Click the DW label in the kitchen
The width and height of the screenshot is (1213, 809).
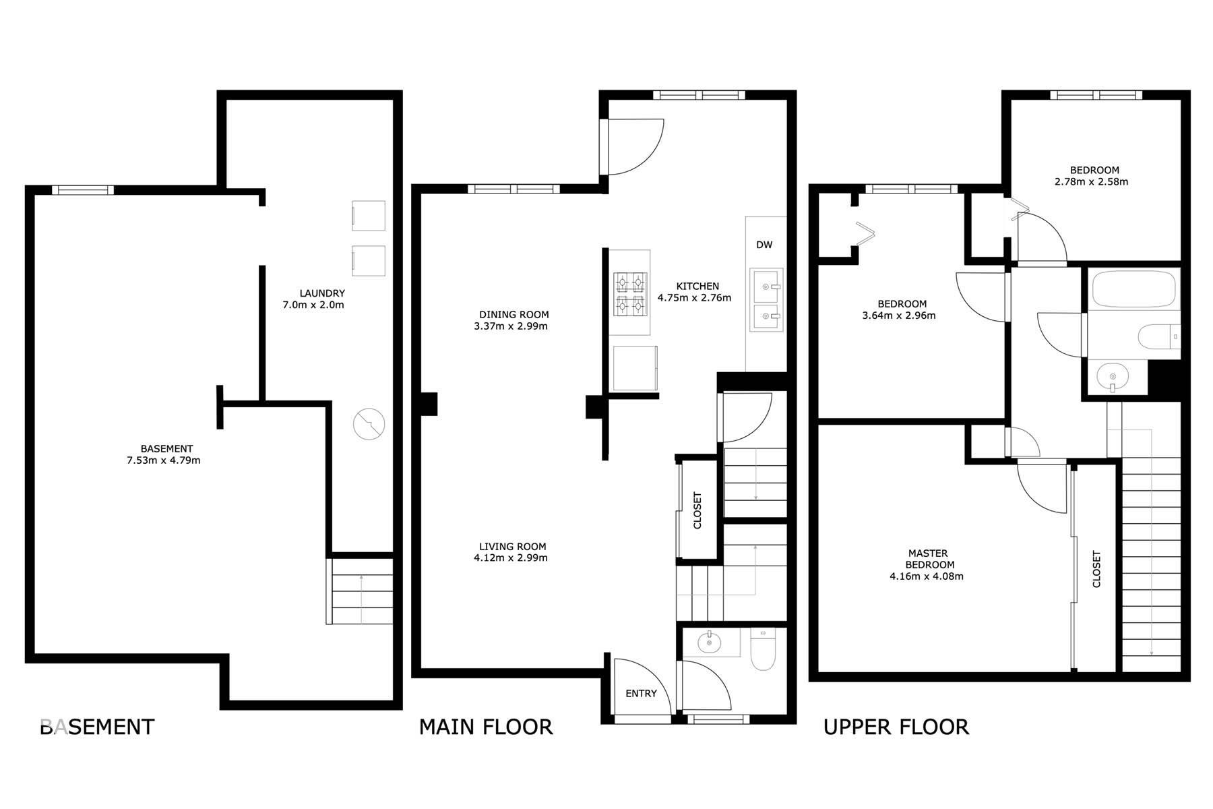(764, 245)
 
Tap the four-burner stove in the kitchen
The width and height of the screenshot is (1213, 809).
(630, 295)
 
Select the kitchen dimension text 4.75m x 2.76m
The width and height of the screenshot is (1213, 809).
(694, 298)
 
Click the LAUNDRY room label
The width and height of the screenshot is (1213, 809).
(322, 293)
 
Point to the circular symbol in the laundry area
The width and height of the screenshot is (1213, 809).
(369, 424)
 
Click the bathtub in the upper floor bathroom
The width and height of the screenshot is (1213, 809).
(1133, 289)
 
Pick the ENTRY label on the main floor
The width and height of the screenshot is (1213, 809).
(641, 694)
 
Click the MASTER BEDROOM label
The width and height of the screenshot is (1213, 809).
(929, 559)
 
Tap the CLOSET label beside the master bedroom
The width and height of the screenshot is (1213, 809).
(1096, 569)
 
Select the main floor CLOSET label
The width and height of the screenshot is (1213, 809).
(697, 510)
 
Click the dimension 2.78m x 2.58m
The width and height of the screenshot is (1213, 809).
(1091, 181)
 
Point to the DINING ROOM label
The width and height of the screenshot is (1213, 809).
(514, 314)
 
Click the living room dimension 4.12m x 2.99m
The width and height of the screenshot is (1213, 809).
(510, 558)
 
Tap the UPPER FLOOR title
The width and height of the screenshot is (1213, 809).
(896, 727)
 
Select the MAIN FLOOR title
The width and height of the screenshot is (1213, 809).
(485, 727)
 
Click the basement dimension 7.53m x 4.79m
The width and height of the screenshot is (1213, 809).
(164, 461)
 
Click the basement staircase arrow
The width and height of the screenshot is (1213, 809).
(362, 597)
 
